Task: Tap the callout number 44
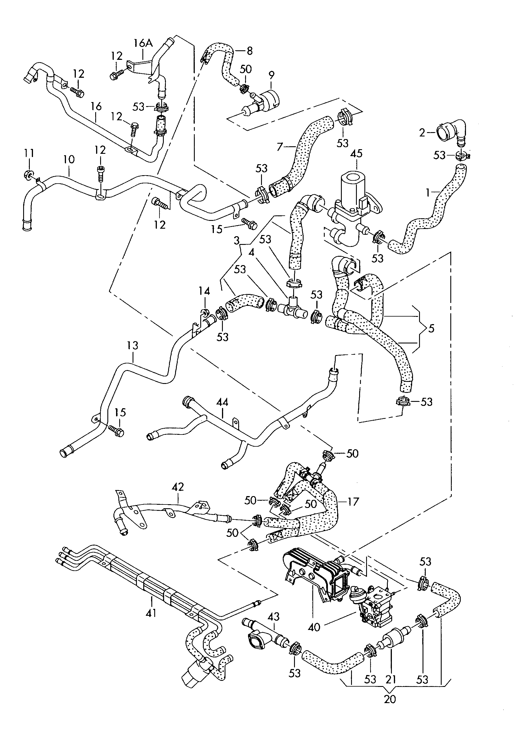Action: tap(222, 402)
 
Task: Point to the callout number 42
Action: tap(178, 487)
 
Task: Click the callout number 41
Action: tap(151, 612)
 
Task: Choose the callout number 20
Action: tap(390, 699)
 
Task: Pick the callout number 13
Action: tap(133, 345)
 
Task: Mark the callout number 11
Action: tap(29, 153)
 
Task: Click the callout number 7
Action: tap(280, 147)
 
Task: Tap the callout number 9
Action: tap(271, 75)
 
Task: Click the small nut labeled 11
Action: tap(28, 175)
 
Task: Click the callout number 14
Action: tap(204, 291)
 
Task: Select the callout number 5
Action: tap(431, 328)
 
